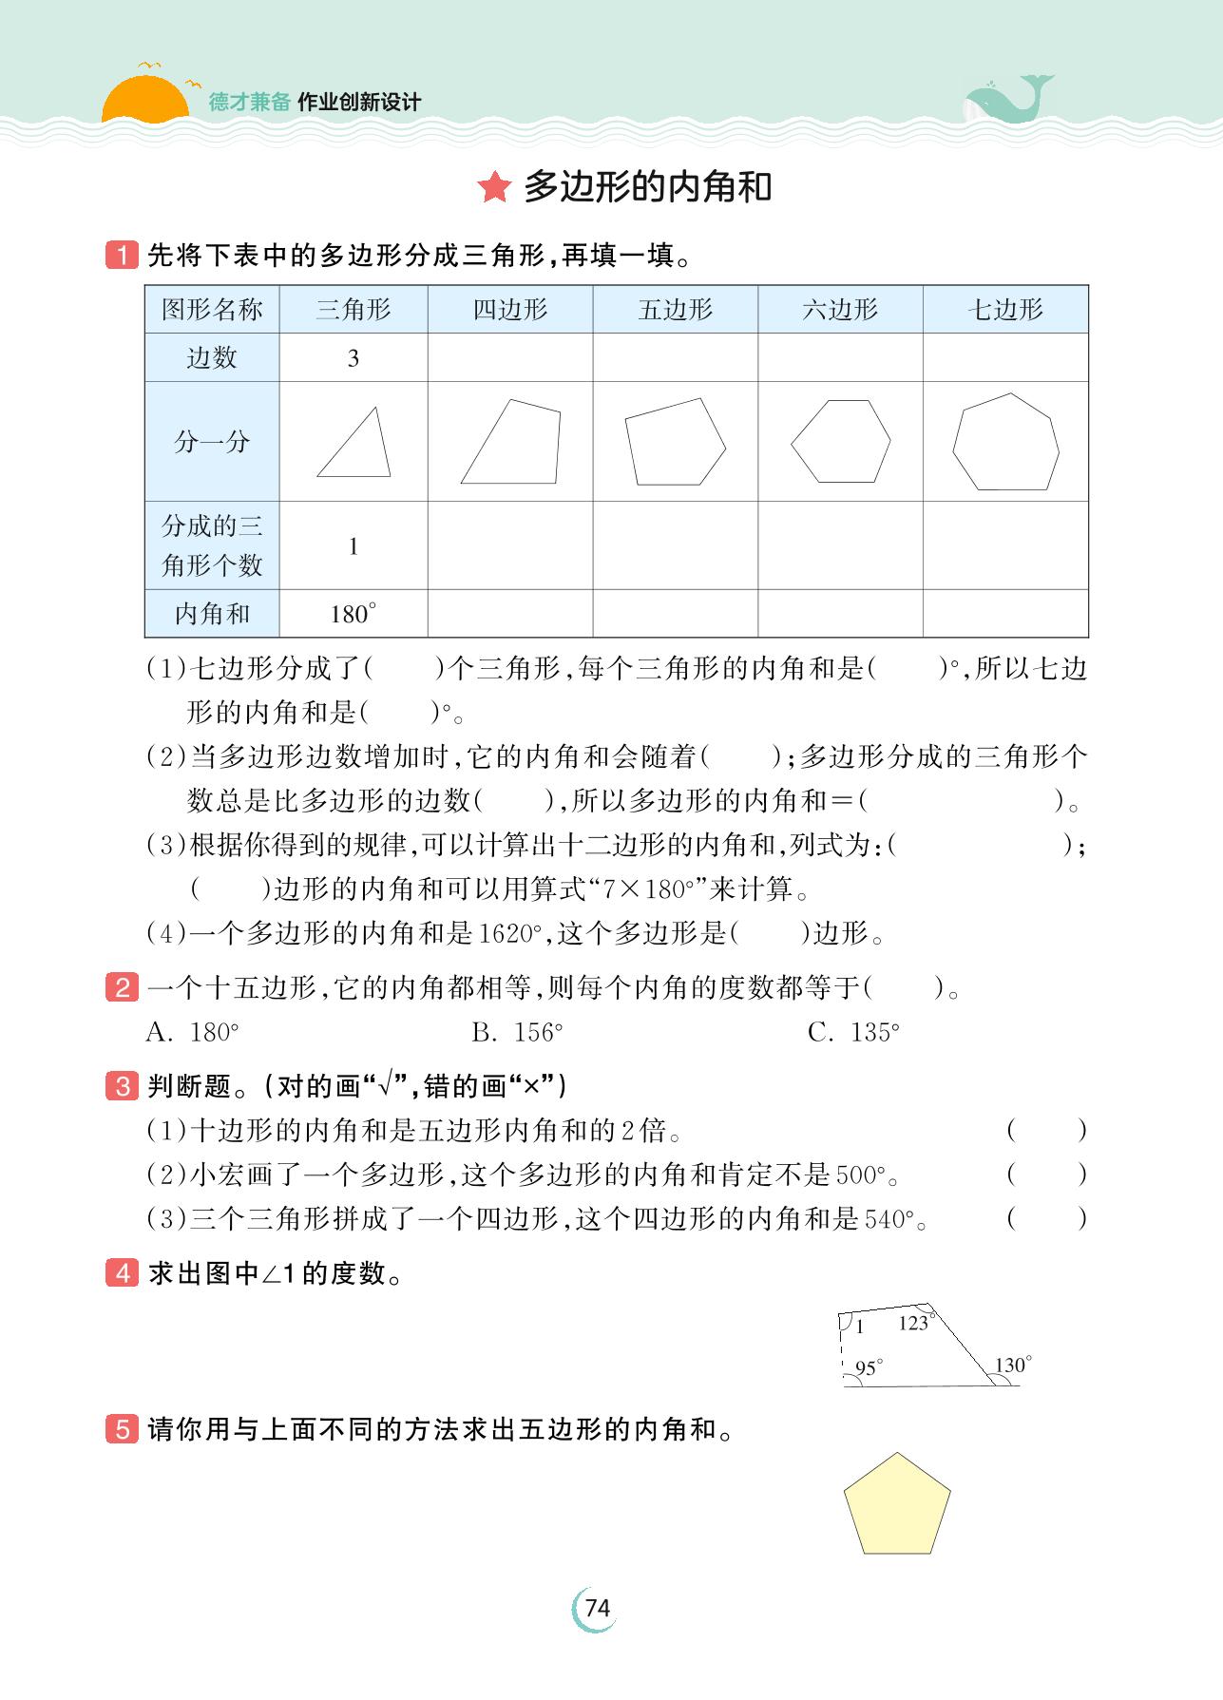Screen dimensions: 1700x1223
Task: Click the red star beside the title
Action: click(494, 187)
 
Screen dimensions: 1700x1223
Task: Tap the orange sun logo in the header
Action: click(144, 101)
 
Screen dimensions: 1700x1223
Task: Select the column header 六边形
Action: click(840, 309)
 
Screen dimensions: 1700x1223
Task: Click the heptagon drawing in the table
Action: click(1005, 442)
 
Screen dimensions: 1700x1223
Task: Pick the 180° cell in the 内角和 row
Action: click(353, 614)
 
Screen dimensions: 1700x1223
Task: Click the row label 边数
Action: click(211, 357)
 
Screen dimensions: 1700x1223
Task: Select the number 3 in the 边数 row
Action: click(353, 358)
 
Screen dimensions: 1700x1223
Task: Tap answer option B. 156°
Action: click(517, 1033)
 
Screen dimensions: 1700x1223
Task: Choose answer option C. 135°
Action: click(853, 1033)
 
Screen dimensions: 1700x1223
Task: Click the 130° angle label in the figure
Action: click(1012, 1366)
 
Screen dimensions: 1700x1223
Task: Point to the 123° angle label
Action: click(914, 1323)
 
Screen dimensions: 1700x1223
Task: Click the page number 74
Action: click(597, 1608)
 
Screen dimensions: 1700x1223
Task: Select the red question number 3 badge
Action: click(122, 1086)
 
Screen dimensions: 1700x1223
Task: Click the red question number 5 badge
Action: click(122, 1429)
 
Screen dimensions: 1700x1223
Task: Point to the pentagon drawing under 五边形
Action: click(675, 442)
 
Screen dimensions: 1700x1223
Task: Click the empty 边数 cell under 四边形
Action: click(510, 357)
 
